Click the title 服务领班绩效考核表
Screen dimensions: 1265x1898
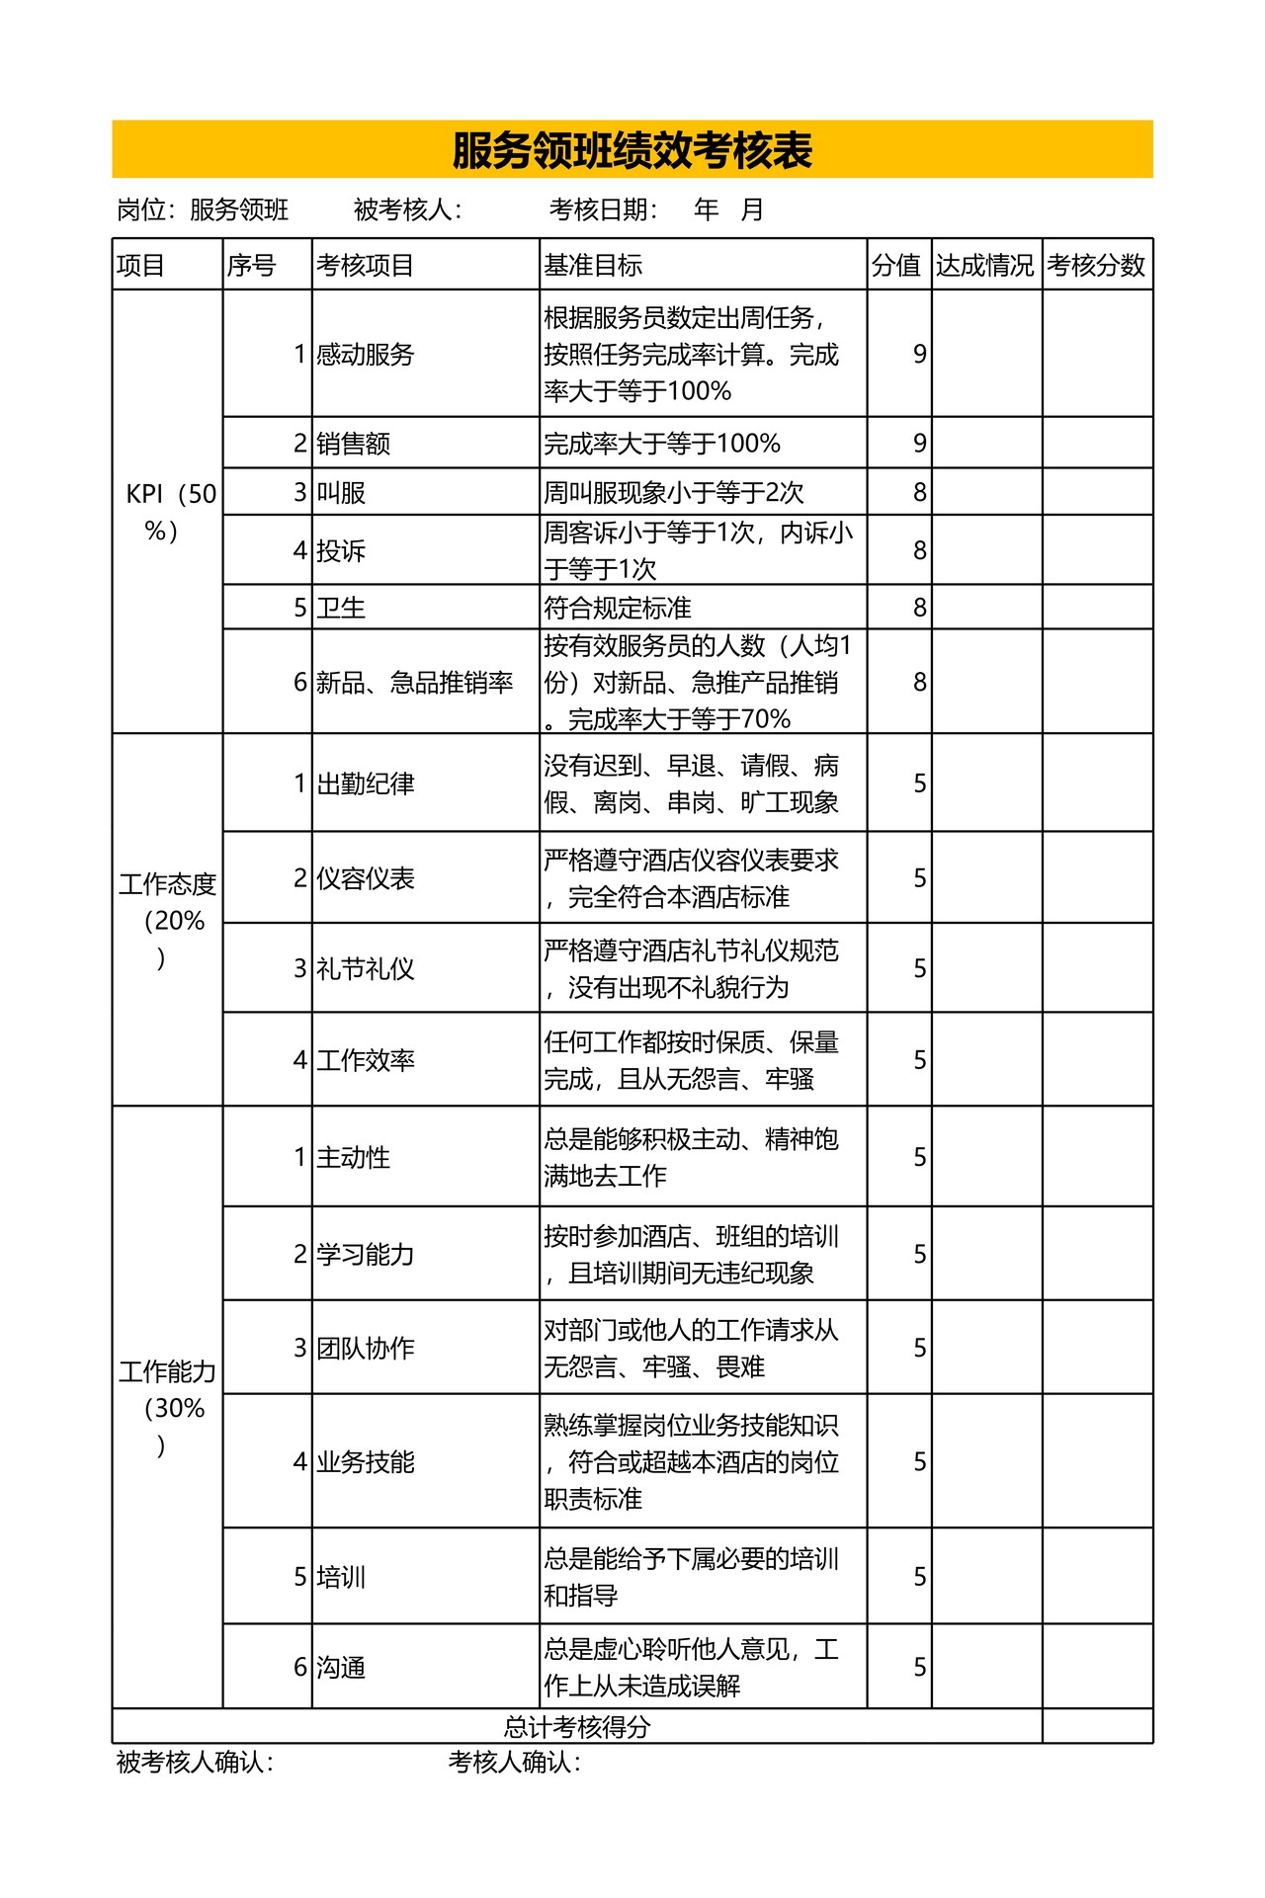point(632,150)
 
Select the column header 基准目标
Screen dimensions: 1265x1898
point(593,265)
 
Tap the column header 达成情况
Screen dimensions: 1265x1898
point(985,265)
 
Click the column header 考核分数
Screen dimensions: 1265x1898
point(1096,265)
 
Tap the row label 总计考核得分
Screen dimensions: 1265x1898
point(577,1726)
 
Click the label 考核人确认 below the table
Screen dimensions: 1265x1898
point(514,1762)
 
